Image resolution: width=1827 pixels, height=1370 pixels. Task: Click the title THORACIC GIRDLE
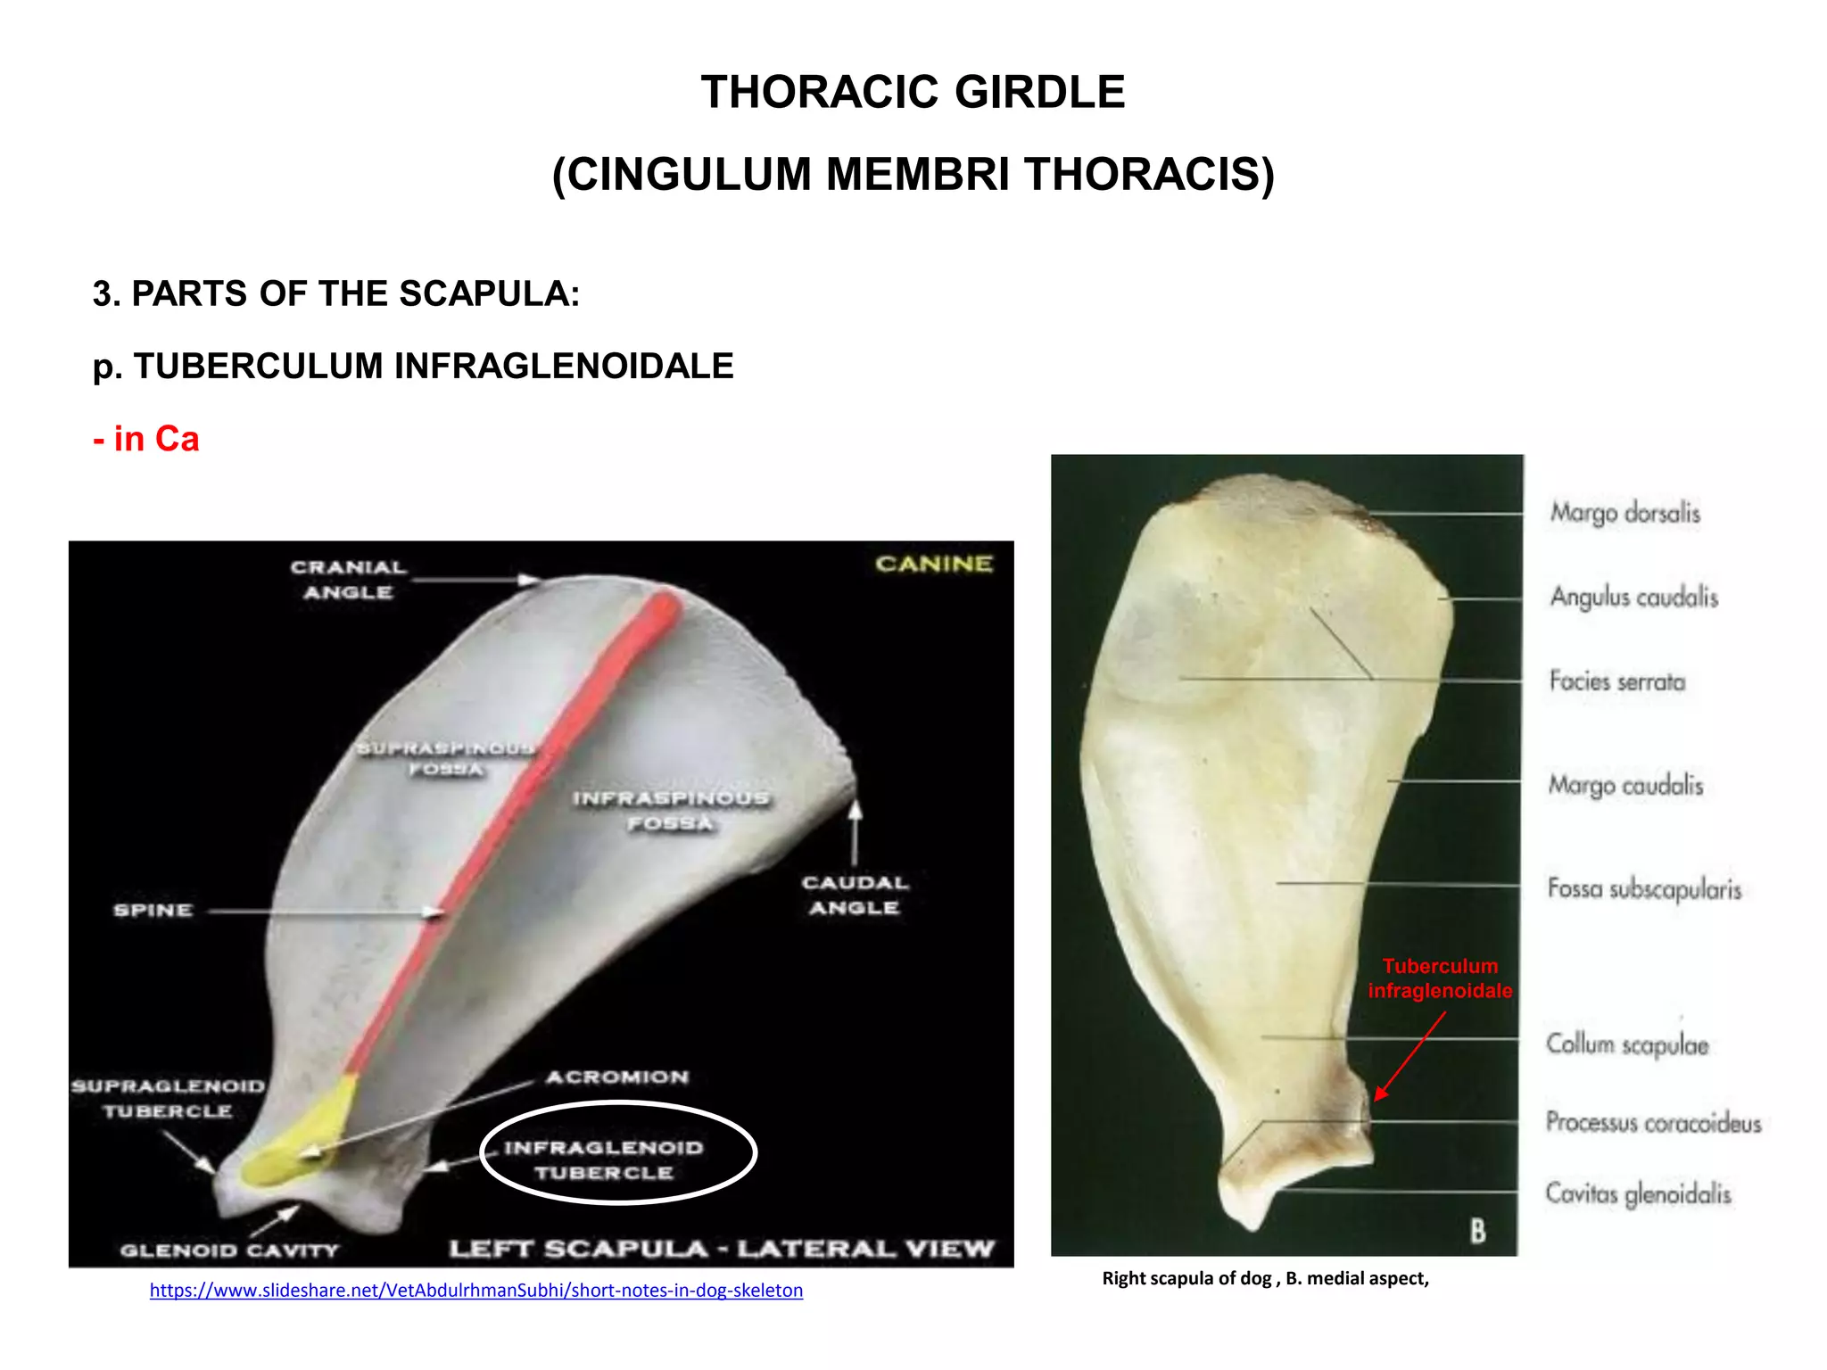coord(913,93)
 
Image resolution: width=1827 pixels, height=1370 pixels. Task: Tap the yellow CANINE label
coord(933,564)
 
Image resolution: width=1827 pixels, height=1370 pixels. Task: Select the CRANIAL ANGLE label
coord(348,580)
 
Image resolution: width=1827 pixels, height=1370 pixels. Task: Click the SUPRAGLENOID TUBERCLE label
coord(168,1099)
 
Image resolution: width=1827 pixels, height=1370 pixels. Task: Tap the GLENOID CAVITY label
coord(229,1250)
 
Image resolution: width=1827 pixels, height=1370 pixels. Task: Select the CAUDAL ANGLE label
coord(855,895)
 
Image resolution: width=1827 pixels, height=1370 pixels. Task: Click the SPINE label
coord(153,911)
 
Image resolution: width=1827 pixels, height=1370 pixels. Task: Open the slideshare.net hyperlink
coord(476,1290)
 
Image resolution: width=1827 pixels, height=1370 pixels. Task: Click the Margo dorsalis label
coord(1624,513)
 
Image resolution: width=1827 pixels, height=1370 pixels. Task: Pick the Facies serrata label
coord(1616,681)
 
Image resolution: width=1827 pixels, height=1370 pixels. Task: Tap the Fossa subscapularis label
coord(1644,889)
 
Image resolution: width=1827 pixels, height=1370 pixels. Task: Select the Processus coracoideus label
coord(1653,1122)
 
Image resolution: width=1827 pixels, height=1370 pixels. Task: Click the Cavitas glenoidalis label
coord(1638,1193)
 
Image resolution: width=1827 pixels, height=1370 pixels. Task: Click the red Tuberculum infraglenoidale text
coord(1440,978)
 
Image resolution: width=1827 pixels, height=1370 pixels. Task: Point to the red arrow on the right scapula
coord(1410,1056)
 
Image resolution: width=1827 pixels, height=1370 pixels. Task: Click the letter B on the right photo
coord(1478,1231)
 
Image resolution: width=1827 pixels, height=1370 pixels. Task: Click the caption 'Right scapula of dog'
coord(1265,1278)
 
